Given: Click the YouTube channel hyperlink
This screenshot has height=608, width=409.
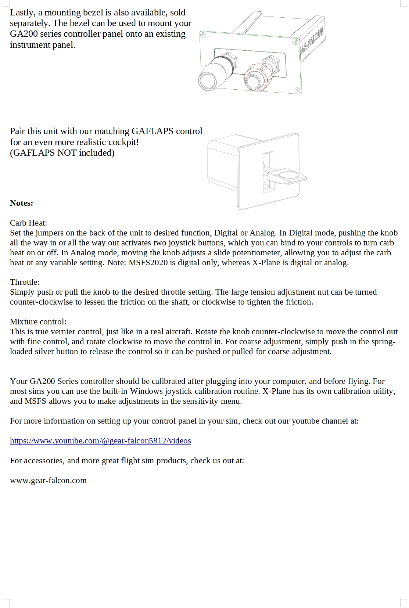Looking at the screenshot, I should click(x=100, y=441).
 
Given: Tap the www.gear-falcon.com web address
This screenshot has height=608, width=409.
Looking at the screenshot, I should click(x=48, y=481).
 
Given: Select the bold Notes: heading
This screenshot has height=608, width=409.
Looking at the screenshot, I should click(x=22, y=203).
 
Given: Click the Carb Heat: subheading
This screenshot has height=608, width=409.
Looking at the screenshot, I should click(x=28, y=223).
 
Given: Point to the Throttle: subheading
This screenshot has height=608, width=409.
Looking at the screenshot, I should click(x=25, y=282).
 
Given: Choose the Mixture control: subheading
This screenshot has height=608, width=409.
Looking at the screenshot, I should click(x=38, y=322).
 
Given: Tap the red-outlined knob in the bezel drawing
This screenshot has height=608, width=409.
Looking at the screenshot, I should click(x=255, y=78).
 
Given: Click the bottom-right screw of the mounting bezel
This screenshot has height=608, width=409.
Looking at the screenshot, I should click(x=298, y=90).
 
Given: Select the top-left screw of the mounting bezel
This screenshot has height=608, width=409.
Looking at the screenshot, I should click(x=203, y=36).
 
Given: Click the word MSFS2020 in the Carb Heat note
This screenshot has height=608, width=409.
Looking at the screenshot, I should click(x=148, y=263).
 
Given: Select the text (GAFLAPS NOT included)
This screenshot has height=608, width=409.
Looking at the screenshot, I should click(x=62, y=153).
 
